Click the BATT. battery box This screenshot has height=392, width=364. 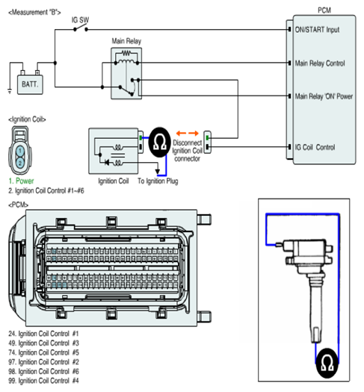[30, 84]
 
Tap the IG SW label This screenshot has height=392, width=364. [80, 20]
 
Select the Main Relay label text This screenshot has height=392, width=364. [126, 41]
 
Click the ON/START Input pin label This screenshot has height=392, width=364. [317, 30]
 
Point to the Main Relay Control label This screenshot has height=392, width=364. [320, 63]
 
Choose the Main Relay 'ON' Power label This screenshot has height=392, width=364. [324, 96]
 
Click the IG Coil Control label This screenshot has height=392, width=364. [315, 147]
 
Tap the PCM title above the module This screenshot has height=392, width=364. [324, 10]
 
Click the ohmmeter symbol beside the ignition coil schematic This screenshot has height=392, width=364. [160, 143]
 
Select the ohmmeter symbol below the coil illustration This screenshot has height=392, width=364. [327, 363]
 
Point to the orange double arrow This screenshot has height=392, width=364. [187, 133]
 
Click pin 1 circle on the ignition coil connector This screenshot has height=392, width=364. [20, 151]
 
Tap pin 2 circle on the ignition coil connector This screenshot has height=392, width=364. [20, 163]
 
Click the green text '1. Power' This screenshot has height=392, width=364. [21, 181]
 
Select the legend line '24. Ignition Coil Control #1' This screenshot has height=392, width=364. [43, 334]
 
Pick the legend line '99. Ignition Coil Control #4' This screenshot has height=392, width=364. [43, 381]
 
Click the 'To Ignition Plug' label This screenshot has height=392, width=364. [158, 181]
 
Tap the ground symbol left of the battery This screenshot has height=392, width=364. [10, 92]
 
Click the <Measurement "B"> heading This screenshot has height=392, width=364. [34, 12]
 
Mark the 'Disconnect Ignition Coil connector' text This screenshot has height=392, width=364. [187, 151]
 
